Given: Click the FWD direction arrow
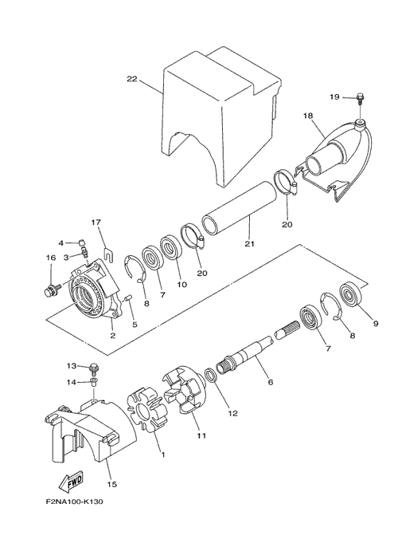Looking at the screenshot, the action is click(x=71, y=482).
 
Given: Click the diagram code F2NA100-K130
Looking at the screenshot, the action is click(x=74, y=502).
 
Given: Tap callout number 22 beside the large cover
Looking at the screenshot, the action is click(x=132, y=80).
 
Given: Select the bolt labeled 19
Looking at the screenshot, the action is click(x=360, y=98).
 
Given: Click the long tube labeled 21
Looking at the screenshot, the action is click(x=239, y=208).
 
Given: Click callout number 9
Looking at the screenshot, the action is click(x=376, y=324).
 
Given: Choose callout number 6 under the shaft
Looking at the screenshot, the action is click(x=271, y=382).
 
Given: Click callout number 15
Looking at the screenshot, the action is click(x=112, y=484).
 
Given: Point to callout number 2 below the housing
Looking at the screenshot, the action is click(x=113, y=335).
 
